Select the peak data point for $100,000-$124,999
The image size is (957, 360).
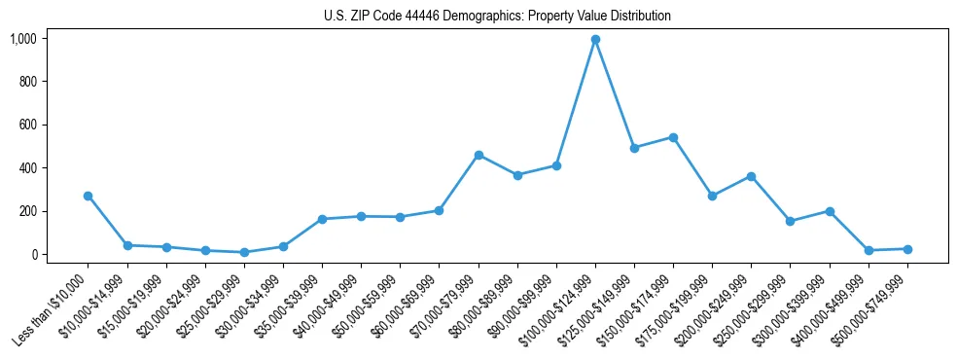[x=595, y=40]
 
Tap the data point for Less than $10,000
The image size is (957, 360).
[x=89, y=196]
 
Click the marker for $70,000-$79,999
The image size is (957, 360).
[x=478, y=155]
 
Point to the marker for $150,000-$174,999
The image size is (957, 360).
[x=673, y=137]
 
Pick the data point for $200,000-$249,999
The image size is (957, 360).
[x=751, y=176]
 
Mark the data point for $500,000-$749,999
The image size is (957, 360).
[x=907, y=249]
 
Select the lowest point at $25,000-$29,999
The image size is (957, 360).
[x=244, y=252]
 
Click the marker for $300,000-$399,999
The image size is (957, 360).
[x=830, y=211]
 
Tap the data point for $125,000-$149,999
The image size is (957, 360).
[x=634, y=148]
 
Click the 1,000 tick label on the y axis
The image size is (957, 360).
[x=23, y=39]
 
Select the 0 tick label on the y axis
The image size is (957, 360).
[x=34, y=254]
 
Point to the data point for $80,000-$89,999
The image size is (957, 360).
[x=517, y=175]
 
